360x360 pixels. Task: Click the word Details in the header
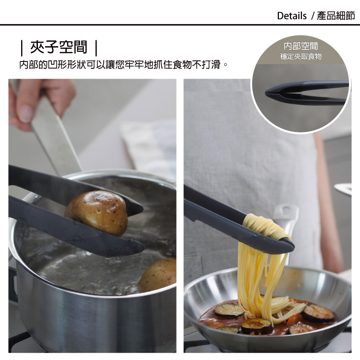(x=291, y=16)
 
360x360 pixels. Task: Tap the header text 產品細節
(x=336, y=16)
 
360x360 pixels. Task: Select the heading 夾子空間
(x=59, y=48)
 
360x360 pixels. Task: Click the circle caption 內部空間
(x=301, y=46)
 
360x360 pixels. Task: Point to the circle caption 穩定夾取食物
(x=301, y=56)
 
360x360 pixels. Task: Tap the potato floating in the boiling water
(x=158, y=275)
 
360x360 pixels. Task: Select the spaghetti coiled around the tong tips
(x=266, y=226)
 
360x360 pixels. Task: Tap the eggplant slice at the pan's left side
(x=229, y=311)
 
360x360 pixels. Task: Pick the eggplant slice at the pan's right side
(x=318, y=312)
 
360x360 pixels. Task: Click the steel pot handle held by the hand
(x=55, y=135)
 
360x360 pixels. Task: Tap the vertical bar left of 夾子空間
(x=22, y=48)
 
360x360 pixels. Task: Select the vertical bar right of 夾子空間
(x=96, y=48)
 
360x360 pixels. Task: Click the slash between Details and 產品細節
(x=312, y=16)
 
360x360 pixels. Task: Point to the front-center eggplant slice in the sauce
(x=257, y=326)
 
